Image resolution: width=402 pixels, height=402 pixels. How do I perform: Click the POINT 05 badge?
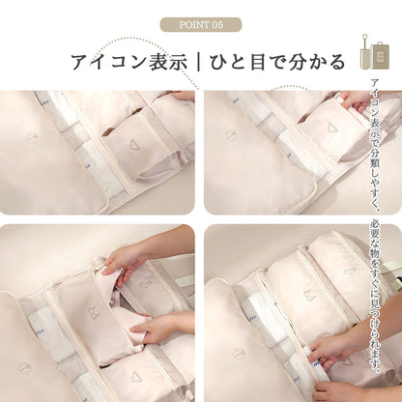tap(201, 25)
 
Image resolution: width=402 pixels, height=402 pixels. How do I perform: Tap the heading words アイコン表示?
tap(129, 62)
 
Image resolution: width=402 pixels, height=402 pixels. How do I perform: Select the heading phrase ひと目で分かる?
tap(277, 62)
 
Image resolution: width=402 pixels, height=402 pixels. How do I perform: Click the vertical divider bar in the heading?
tap(198, 62)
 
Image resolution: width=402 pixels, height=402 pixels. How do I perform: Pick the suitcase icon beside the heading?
tap(380, 55)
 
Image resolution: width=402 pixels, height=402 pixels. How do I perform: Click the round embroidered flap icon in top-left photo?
tap(32, 138)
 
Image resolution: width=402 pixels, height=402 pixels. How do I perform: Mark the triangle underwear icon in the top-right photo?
tap(332, 128)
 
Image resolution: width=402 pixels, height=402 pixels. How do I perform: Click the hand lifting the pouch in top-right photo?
tap(355, 101)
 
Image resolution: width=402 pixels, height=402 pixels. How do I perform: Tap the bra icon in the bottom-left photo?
tap(94, 312)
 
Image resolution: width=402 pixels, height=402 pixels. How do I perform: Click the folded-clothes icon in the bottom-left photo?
tap(145, 283)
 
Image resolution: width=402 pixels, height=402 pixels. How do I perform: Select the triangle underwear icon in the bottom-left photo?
tap(136, 377)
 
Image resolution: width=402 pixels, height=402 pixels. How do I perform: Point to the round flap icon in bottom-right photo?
tap(239, 354)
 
